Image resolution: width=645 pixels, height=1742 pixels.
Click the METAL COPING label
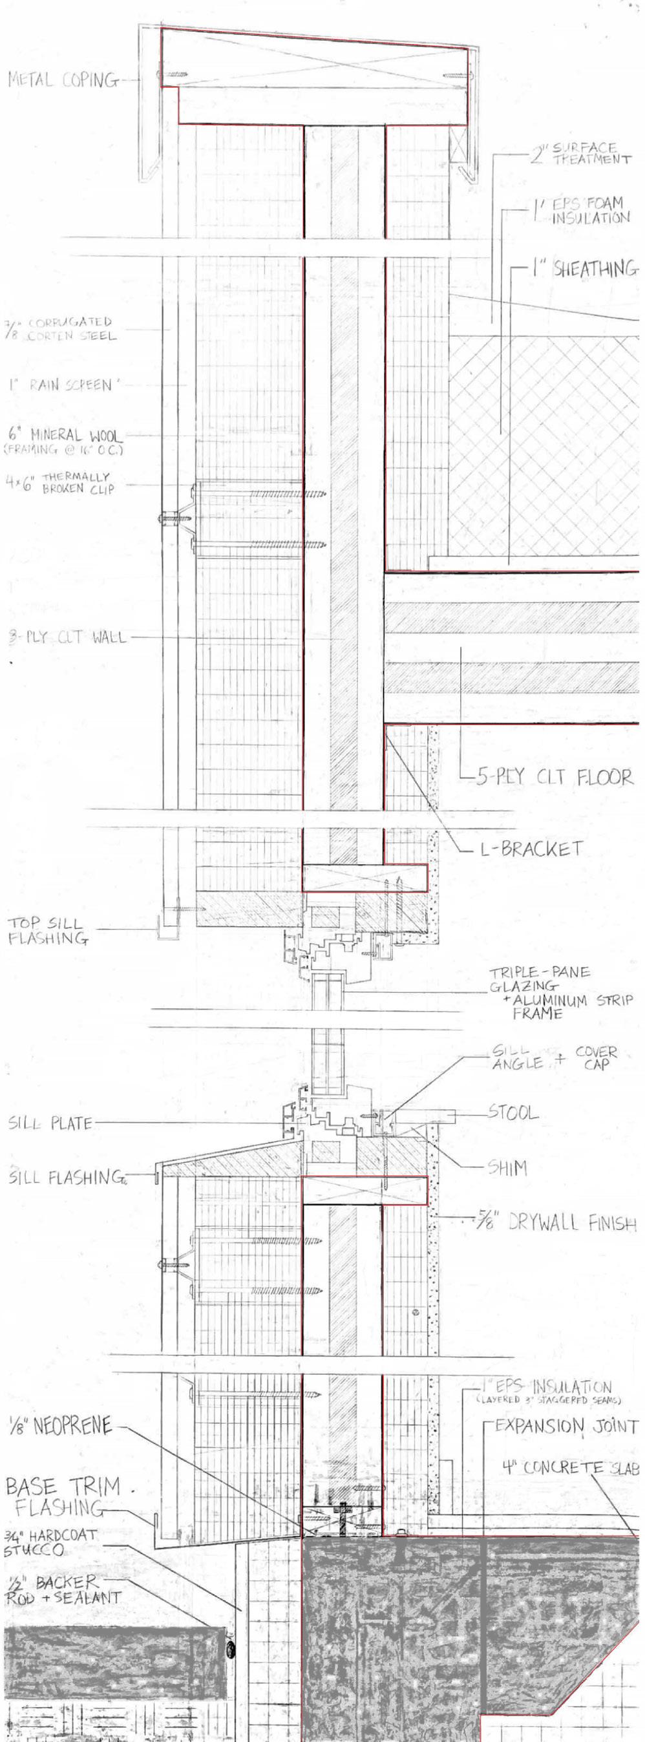tap(63, 80)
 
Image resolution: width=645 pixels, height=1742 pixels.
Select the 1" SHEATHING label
tap(585, 269)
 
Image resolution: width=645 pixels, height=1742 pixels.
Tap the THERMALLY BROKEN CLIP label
tap(61, 483)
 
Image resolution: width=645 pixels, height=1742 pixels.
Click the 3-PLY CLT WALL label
tap(67, 637)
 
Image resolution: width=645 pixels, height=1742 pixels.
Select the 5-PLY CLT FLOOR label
tap(555, 776)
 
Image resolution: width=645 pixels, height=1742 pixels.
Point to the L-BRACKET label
tap(531, 849)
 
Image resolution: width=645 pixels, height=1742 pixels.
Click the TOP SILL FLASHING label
tap(47, 931)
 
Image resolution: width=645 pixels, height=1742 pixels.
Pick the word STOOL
tap(513, 1112)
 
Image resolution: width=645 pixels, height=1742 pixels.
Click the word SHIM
tap(507, 1168)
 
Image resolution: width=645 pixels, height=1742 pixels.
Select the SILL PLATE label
tap(50, 1123)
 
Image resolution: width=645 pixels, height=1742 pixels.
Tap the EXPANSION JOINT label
tap(567, 1426)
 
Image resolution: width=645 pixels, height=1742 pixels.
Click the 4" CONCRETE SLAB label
tap(571, 1467)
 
